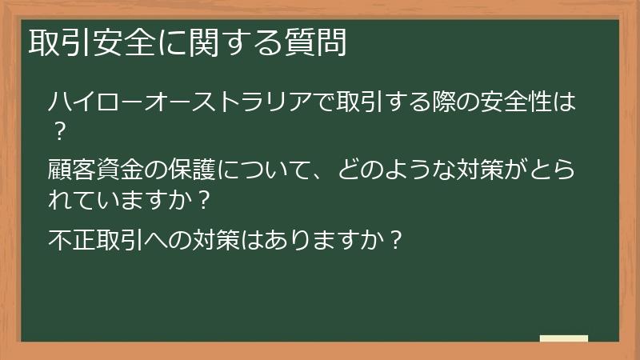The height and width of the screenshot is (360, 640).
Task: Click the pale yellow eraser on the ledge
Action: tap(564, 338)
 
